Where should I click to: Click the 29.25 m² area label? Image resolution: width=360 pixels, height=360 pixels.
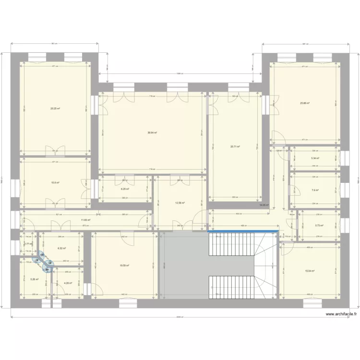(55, 108)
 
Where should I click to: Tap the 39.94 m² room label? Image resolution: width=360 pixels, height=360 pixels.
(153, 133)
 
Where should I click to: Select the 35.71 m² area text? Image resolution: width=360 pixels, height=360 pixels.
(235, 147)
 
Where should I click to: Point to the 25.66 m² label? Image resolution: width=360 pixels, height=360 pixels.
(305, 103)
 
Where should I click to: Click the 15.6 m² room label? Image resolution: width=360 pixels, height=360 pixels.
(55, 182)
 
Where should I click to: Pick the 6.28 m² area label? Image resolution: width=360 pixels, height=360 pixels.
(124, 189)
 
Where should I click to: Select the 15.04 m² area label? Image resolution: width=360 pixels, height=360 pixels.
(310, 271)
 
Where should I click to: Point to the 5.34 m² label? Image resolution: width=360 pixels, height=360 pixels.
(315, 158)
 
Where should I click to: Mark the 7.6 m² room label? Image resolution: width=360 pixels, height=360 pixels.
(315, 190)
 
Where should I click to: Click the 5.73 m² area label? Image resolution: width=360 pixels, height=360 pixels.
(319, 225)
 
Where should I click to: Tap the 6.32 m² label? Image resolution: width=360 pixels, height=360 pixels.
(61, 248)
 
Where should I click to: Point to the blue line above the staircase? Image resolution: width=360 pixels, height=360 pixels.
(243, 232)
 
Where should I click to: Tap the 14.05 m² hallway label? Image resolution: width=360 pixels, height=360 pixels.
(264, 205)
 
